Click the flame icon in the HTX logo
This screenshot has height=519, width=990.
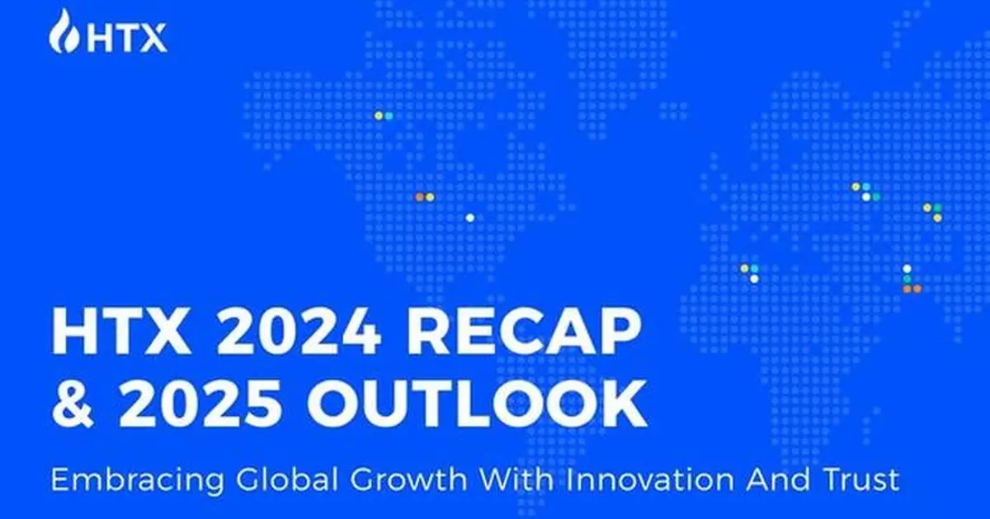click(x=63, y=32)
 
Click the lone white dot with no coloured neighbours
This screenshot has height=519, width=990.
click(x=469, y=218)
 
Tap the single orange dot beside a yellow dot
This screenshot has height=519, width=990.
click(x=419, y=196)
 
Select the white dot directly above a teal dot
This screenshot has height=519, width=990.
click(x=907, y=269)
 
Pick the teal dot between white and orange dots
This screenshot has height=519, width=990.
click(x=907, y=279)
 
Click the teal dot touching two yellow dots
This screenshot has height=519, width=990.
click(x=937, y=207)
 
